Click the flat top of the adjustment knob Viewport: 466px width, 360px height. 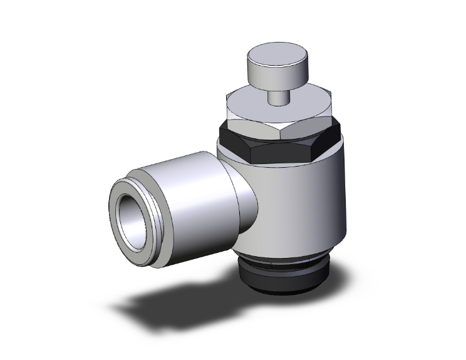pyautogui.click(x=271, y=53)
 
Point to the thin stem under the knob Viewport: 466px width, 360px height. pyautogui.click(x=275, y=98)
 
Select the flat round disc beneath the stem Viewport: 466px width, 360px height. pyautogui.click(x=251, y=100)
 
